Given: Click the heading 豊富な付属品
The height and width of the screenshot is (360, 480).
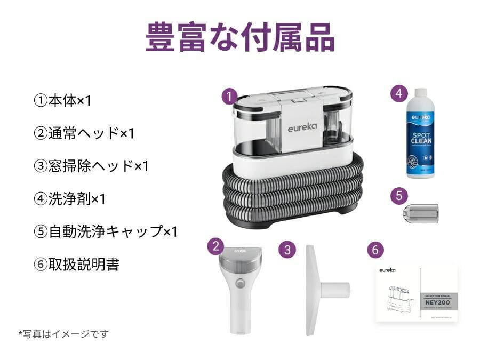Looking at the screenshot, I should click(240, 37).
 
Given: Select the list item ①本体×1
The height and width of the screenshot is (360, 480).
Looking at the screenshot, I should click(62, 101).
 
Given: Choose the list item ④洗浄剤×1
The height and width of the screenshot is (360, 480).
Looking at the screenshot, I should click(69, 199).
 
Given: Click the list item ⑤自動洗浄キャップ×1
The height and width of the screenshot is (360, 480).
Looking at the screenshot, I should click(105, 231).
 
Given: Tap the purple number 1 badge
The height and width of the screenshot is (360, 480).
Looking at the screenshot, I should click(229, 97).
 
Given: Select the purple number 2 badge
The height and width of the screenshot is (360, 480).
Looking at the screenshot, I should click(215, 246).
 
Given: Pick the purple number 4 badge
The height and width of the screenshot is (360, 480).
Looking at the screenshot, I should click(398, 93).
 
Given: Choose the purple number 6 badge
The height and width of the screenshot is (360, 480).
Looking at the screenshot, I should click(375, 249).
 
